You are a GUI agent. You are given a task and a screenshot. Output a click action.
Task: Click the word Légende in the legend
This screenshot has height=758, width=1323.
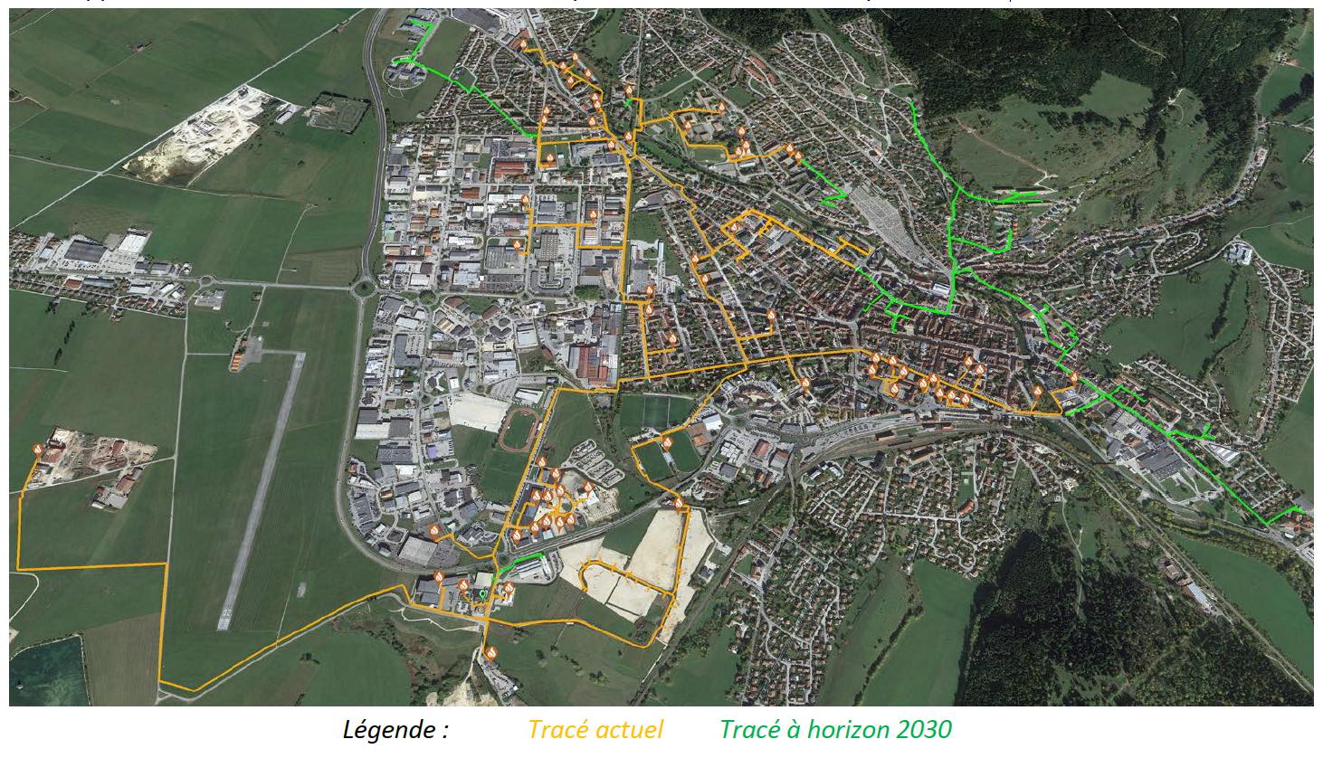click(395, 730)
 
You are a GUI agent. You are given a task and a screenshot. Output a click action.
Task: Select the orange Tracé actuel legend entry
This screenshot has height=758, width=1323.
click(595, 730)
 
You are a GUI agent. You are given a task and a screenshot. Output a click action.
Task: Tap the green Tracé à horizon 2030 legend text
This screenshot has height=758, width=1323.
click(835, 730)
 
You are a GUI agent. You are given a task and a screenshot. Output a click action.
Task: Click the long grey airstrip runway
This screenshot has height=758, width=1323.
click(262, 488)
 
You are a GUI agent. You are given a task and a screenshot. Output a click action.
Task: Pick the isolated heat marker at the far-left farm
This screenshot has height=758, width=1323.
click(38, 449)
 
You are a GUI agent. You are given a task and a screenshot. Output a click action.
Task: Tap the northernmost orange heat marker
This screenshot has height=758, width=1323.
click(523, 43)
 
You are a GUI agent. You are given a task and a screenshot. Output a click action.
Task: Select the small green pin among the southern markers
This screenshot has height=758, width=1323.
click(483, 594)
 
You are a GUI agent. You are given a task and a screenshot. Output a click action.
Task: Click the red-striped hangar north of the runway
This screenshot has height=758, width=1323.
click(236, 360)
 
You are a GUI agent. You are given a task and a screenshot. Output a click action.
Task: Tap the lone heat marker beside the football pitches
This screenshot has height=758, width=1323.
click(667, 442)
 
